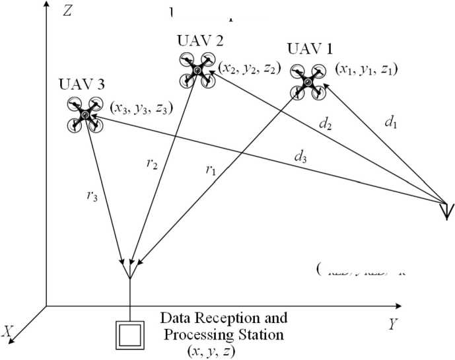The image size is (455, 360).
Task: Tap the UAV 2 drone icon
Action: pos(198,69)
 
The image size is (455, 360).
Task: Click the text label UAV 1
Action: pos(310,49)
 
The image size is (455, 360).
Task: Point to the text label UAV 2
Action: pos(200,40)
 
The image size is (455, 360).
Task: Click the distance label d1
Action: pos(391,122)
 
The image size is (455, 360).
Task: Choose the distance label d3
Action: pos(300,158)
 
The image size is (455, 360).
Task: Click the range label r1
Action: pos(211,170)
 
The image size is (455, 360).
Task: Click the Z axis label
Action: pos(66,11)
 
